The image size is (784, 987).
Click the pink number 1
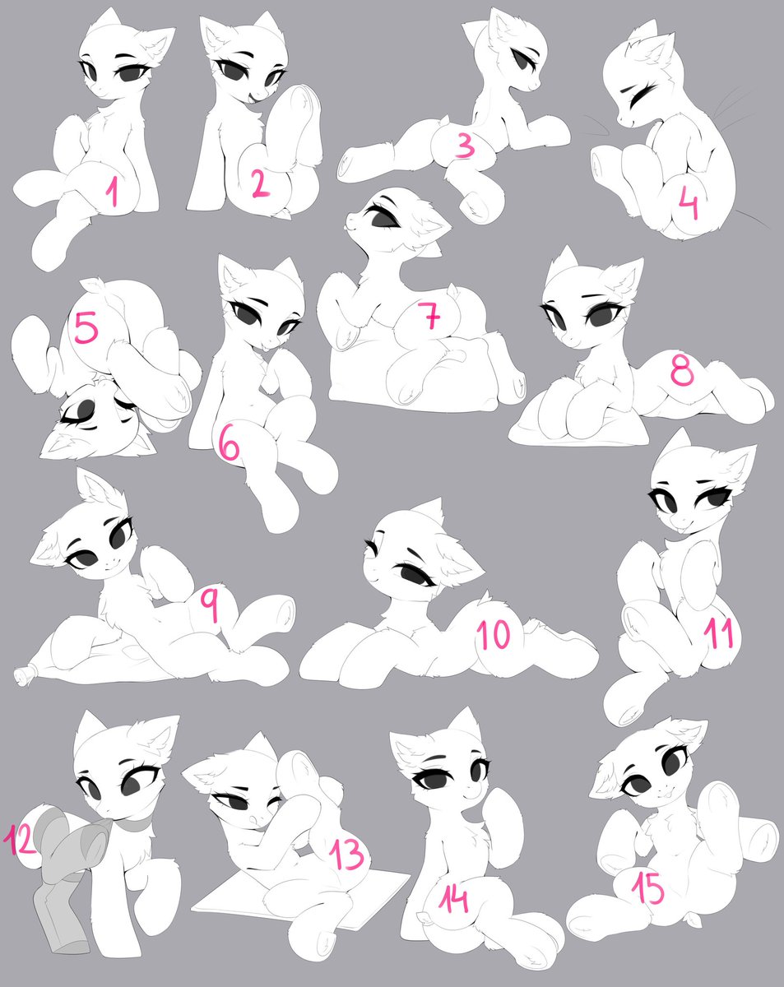[113, 192]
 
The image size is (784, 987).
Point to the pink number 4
[689, 206]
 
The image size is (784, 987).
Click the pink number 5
[86, 327]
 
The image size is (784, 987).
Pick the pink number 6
[229, 444]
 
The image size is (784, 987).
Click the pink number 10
[494, 633]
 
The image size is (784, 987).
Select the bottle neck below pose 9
[23, 676]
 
